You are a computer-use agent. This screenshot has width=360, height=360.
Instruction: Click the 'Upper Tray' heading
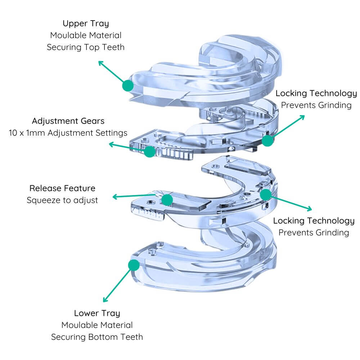coord(86,24)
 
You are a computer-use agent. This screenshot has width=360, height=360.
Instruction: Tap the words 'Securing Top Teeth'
coord(86,47)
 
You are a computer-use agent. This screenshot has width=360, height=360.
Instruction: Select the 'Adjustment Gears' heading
coord(68,121)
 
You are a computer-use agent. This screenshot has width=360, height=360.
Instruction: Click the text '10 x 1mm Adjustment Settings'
coord(68,133)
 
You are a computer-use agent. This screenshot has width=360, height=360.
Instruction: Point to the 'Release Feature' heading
coord(62,188)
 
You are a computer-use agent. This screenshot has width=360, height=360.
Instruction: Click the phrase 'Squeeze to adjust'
coord(62,200)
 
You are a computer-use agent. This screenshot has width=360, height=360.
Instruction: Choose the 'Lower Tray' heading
coord(97,314)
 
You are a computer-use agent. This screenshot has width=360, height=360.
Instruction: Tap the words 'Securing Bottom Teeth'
coord(97,337)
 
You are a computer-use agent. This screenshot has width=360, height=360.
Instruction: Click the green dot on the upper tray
coord(128,86)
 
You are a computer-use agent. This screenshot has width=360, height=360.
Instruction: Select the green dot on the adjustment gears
coord(150,152)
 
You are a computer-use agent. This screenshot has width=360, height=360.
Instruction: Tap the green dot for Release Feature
coord(167,200)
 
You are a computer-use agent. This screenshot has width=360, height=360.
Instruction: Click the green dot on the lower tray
coord(134,265)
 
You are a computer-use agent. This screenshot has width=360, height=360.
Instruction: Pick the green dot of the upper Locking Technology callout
coord(267,140)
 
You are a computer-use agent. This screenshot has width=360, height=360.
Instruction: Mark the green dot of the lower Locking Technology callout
coord(266,195)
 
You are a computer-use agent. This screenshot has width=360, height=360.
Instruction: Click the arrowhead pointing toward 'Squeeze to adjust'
coord(115,197)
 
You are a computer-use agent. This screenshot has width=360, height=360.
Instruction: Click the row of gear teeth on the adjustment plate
coord(175,154)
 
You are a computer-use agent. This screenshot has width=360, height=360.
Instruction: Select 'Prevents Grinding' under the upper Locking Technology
coord(316,105)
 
